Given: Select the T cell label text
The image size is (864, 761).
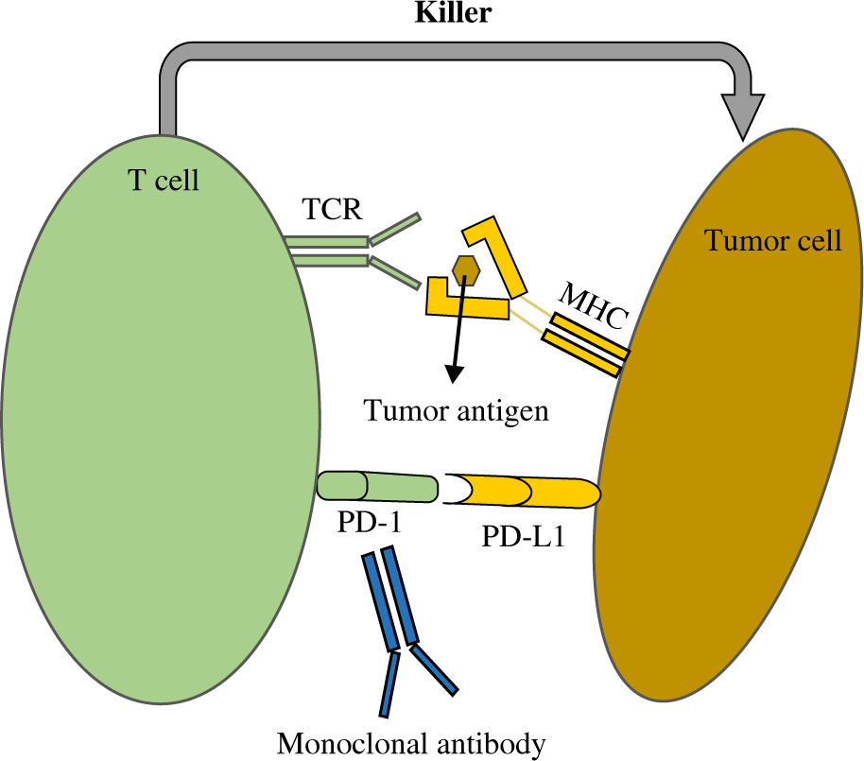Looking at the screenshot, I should point(164,180).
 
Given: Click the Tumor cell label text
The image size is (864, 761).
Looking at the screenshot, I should point(772,241).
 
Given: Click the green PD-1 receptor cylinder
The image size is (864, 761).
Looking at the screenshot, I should point(376,487).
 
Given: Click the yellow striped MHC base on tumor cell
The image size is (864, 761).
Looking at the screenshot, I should point(585,344).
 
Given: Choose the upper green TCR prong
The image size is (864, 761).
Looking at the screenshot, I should point(395,227).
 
